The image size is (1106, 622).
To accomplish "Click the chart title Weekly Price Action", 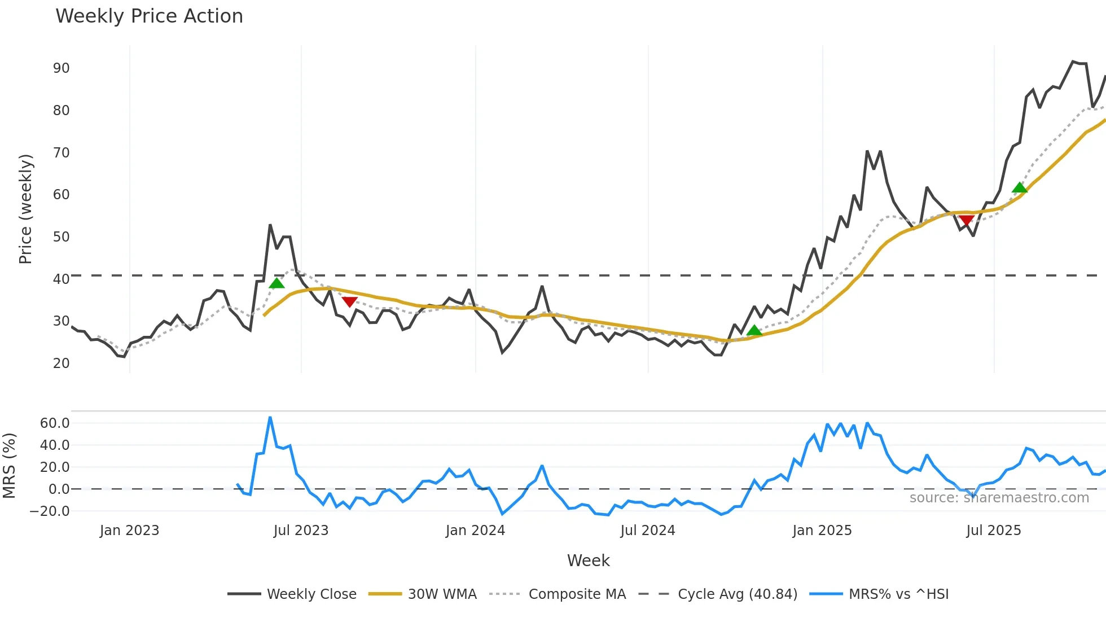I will pyautogui.click(x=149, y=16).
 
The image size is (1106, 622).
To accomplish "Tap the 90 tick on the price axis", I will pyautogui.click(x=61, y=68).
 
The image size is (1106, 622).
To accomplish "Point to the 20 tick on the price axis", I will pyautogui.click(x=61, y=363).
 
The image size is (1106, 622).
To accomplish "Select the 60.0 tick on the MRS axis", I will pyautogui.click(x=54, y=423).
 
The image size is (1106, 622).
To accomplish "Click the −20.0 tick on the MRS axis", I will pyautogui.click(x=50, y=511).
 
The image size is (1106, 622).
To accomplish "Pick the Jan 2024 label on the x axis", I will pyautogui.click(x=475, y=531).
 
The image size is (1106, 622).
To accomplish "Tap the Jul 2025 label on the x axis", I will pyautogui.click(x=993, y=531).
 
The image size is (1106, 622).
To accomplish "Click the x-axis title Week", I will pyautogui.click(x=588, y=560).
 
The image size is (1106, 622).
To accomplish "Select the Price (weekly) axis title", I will pyautogui.click(x=26, y=209).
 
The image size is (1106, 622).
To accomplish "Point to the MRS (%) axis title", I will pyautogui.click(x=9, y=466).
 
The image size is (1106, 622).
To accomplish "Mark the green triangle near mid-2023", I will pyautogui.click(x=276, y=283).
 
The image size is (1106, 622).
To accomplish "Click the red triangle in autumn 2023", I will pyautogui.click(x=350, y=302).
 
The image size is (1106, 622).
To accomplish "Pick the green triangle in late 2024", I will pyautogui.click(x=754, y=331).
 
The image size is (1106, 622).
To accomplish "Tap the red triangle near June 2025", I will pyautogui.click(x=966, y=220).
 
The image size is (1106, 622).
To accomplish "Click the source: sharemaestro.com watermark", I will pyautogui.click(x=999, y=498).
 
